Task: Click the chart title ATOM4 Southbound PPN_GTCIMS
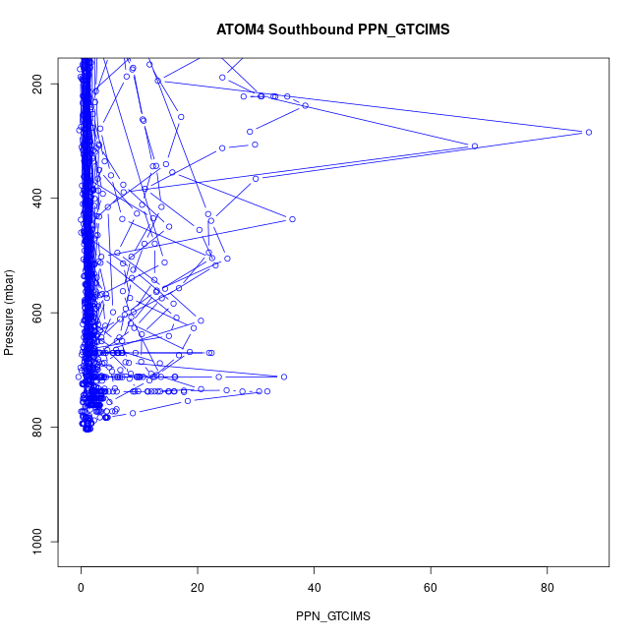(x=333, y=29)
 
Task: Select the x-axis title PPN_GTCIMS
(x=332, y=615)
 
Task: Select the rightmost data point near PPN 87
(x=588, y=132)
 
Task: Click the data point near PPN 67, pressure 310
(x=475, y=146)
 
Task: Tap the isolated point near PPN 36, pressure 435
(x=292, y=218)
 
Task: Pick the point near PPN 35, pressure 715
(x=284, y=377)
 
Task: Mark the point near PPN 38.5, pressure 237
(x=306, y=105)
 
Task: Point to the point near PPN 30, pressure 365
(x=256, y=178)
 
